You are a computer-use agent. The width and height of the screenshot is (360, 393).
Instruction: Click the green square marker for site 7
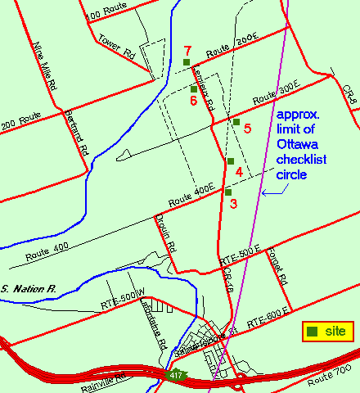[187, 62]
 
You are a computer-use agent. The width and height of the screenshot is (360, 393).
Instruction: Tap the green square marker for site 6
[194, 89]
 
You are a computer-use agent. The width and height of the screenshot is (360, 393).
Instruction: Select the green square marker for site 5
[236, 122]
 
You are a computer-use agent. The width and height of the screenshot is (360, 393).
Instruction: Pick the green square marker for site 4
[231, 161]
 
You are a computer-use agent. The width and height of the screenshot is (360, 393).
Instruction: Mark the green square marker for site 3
[228, 192]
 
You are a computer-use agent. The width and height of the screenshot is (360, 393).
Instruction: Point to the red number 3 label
[233, 203]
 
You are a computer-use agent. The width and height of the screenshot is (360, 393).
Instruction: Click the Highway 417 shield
[177, 375]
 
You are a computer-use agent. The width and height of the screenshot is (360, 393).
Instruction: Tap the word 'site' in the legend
[335, 332]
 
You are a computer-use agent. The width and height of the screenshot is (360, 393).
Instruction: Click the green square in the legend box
[313, 332]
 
